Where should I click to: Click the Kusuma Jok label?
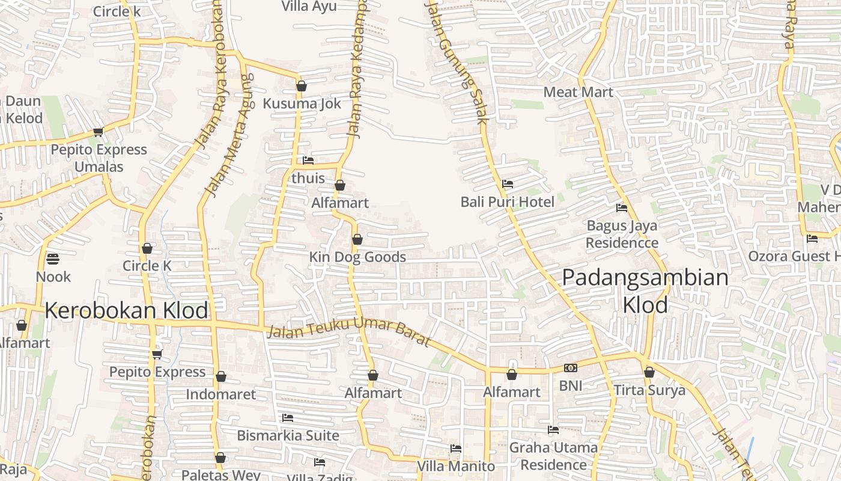coord(302,103)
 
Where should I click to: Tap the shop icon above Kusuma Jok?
coord(302,87)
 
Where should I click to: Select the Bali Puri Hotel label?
coord(507,201)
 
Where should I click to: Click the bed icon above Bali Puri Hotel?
coord(508,184)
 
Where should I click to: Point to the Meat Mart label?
coord(578,92)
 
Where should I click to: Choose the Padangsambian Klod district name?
coord(645,291)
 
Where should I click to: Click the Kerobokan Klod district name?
coord(126,310)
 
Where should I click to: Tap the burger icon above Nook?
coord(53,260)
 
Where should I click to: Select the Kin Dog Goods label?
coord(357,257)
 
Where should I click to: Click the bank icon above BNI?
coord(571,368)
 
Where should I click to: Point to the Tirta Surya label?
coord(649,390)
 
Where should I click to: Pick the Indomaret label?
coord(220,394)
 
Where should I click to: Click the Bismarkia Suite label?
coord(288,435)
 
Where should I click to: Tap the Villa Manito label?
coord(456,466)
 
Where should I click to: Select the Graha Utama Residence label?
coord(553,456)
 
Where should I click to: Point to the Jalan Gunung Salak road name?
coord(457,60)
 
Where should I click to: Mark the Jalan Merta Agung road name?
coord(229,135)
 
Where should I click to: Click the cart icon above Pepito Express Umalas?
coord(99,132)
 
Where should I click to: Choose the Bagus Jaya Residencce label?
coord(622,234)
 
